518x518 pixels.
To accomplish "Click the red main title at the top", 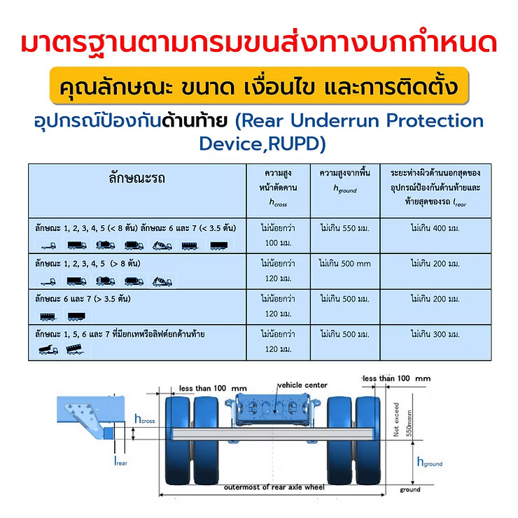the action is pos(259,43).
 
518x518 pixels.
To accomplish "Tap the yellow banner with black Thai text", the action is pos(259,86).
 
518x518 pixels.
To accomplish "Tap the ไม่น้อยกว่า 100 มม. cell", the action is pos(278,235).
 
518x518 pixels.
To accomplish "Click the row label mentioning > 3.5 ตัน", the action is pos(83,299).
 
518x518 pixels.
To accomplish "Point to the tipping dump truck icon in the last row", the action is pos(48,349).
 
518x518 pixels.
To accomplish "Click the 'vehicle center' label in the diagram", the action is pos(302,385).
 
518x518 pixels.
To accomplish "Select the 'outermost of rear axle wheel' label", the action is pos(274,487).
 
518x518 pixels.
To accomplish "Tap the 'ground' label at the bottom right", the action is pos(410,489).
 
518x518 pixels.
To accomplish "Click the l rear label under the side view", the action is pos(120,461).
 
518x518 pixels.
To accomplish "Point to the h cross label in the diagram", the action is pos(145,419).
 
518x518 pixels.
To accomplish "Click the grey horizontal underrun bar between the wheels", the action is pos(273,434).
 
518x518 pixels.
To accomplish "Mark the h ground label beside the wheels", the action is pos(430,462).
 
